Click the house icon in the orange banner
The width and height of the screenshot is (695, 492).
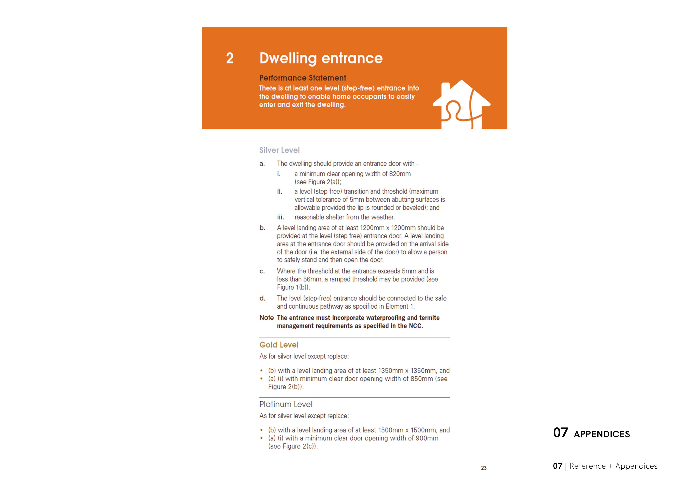pos(461,104)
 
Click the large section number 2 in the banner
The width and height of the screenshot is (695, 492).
pos(230,58)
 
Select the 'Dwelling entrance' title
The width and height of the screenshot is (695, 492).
pos(321,58)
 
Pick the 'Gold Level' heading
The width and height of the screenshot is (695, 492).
pos(279,345)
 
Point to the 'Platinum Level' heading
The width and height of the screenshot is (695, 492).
pos(286,404)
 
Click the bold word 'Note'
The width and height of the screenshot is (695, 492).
pos(266,318)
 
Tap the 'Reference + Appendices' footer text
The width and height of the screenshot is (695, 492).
pos(613,466)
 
